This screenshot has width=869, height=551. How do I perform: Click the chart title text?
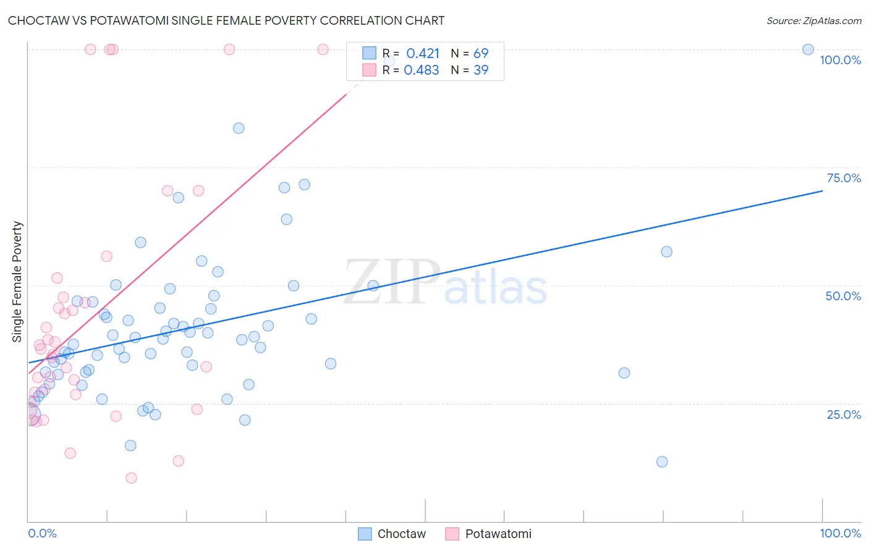226,20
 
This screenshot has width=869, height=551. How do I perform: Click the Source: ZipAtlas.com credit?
813,20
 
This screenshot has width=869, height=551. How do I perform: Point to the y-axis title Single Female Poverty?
17,282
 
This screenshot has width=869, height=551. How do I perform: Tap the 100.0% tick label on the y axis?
840,60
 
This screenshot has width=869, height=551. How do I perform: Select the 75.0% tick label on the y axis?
844,178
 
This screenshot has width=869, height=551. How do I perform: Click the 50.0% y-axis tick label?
843,296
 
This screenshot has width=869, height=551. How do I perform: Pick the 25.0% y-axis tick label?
844,414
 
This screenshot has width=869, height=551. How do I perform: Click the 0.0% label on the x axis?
42,533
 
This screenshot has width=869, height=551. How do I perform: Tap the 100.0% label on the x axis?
840,533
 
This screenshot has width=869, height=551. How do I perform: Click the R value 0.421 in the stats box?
423,54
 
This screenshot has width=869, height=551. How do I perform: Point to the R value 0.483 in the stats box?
422,70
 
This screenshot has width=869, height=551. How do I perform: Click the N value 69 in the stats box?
481,54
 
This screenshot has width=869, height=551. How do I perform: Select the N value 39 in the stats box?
481,70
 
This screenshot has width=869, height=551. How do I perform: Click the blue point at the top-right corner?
808,49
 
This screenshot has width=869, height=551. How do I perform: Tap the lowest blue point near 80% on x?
662,461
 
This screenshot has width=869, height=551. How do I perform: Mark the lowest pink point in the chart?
131,477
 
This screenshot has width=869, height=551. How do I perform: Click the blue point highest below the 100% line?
239,128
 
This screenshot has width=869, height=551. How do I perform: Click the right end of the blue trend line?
822,191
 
